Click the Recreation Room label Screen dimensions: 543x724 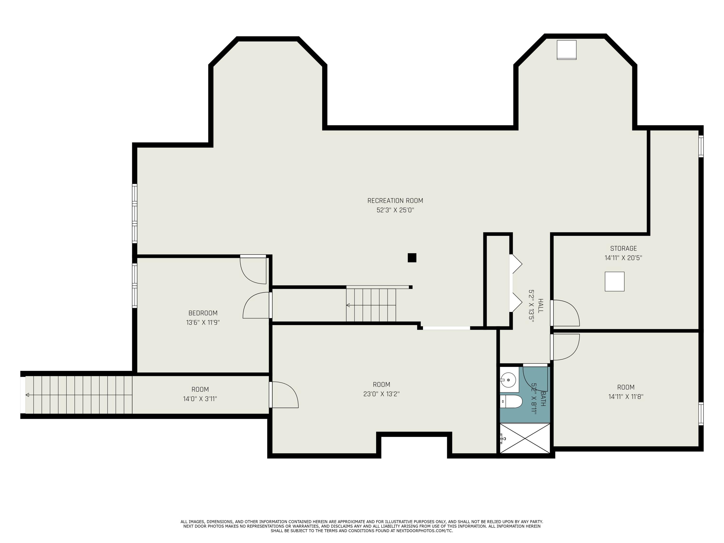(395, 201)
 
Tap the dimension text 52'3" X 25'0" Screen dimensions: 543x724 (395, 210)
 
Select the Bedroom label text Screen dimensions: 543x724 (203, 313)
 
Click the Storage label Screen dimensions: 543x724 (623, 248)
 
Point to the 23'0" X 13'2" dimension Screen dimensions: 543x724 (381, 394)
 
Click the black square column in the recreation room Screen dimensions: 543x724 (412, 258)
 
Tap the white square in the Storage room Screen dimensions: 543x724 (614, 281)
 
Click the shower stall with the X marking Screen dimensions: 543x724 (525, 439)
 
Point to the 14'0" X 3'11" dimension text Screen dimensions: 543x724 (200, 399)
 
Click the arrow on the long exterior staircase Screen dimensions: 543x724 (28, 395)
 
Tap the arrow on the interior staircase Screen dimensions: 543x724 (348, 305)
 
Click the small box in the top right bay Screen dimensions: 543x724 (566, 50)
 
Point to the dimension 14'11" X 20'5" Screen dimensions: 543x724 (623, 258)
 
